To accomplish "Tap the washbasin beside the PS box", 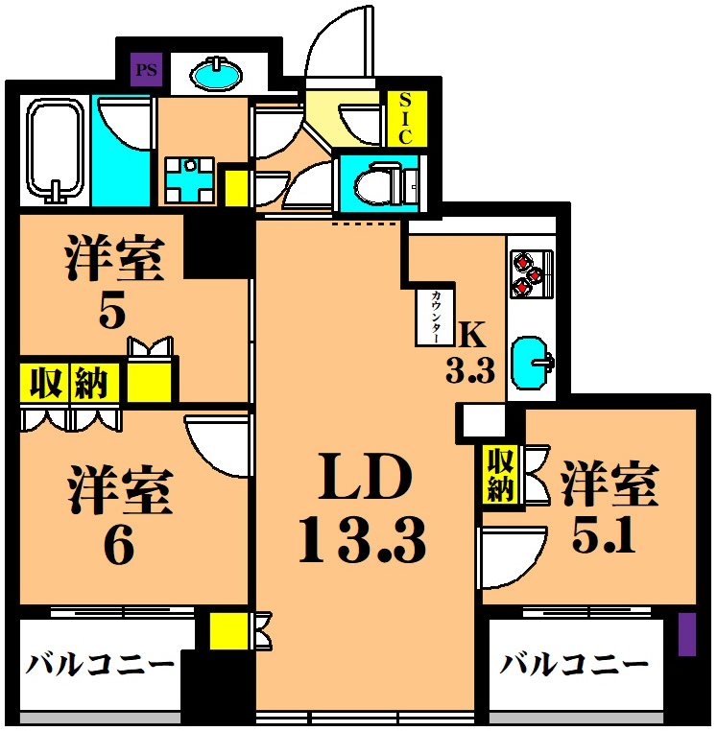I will point(217,71).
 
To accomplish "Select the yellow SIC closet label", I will point(405,118).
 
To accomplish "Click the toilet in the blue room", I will point(384,183).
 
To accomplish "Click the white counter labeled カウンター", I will point(436,317).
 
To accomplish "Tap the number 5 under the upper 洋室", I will point(112,314).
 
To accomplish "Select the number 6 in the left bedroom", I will point(119,548).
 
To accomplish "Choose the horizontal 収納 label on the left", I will point(71,384).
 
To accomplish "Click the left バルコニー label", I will point(100,664).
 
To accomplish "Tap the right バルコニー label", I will point(574,664).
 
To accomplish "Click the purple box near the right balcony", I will point(686,634).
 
